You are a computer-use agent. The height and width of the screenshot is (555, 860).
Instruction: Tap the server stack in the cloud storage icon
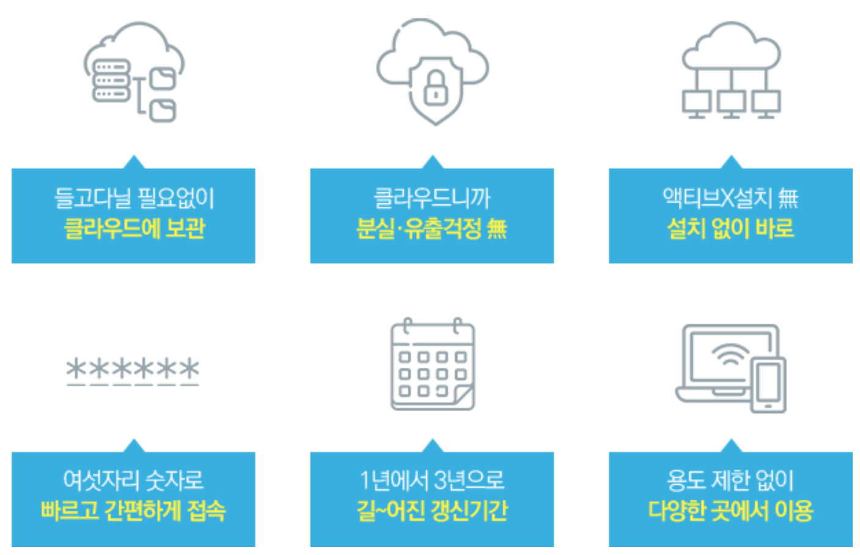tap(111, 80)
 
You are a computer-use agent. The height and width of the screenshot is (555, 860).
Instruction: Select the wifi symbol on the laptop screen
tap(728, 354)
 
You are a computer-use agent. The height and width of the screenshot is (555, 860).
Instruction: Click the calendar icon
tap(432, 365)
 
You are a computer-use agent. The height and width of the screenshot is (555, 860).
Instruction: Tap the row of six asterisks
tap(133, 370)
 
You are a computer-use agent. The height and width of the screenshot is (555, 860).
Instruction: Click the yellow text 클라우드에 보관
tap(134, 229)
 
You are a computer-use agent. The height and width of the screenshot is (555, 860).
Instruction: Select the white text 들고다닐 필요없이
tap(134, 198)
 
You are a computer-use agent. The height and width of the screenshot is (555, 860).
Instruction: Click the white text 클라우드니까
tap(432, 198)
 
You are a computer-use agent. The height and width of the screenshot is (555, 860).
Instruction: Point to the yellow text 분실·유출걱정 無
tap(432, 229)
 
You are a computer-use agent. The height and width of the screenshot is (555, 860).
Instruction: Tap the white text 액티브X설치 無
tap(730, 198)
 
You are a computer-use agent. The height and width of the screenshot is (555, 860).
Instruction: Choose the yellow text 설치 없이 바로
tap(730, 229)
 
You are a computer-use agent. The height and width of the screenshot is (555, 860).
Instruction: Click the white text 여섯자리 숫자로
tap(133, 480)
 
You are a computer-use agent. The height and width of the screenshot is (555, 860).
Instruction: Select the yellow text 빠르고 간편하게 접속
tap(133, 510)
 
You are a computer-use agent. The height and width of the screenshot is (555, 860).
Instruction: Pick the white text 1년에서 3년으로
tap(432, 480)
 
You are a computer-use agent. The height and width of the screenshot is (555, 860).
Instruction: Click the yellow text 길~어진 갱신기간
tap(432, 510)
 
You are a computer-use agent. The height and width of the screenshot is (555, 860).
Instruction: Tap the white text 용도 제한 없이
tap(730, 480)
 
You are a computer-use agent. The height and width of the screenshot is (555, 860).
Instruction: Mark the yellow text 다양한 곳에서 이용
tap(730, 510)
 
